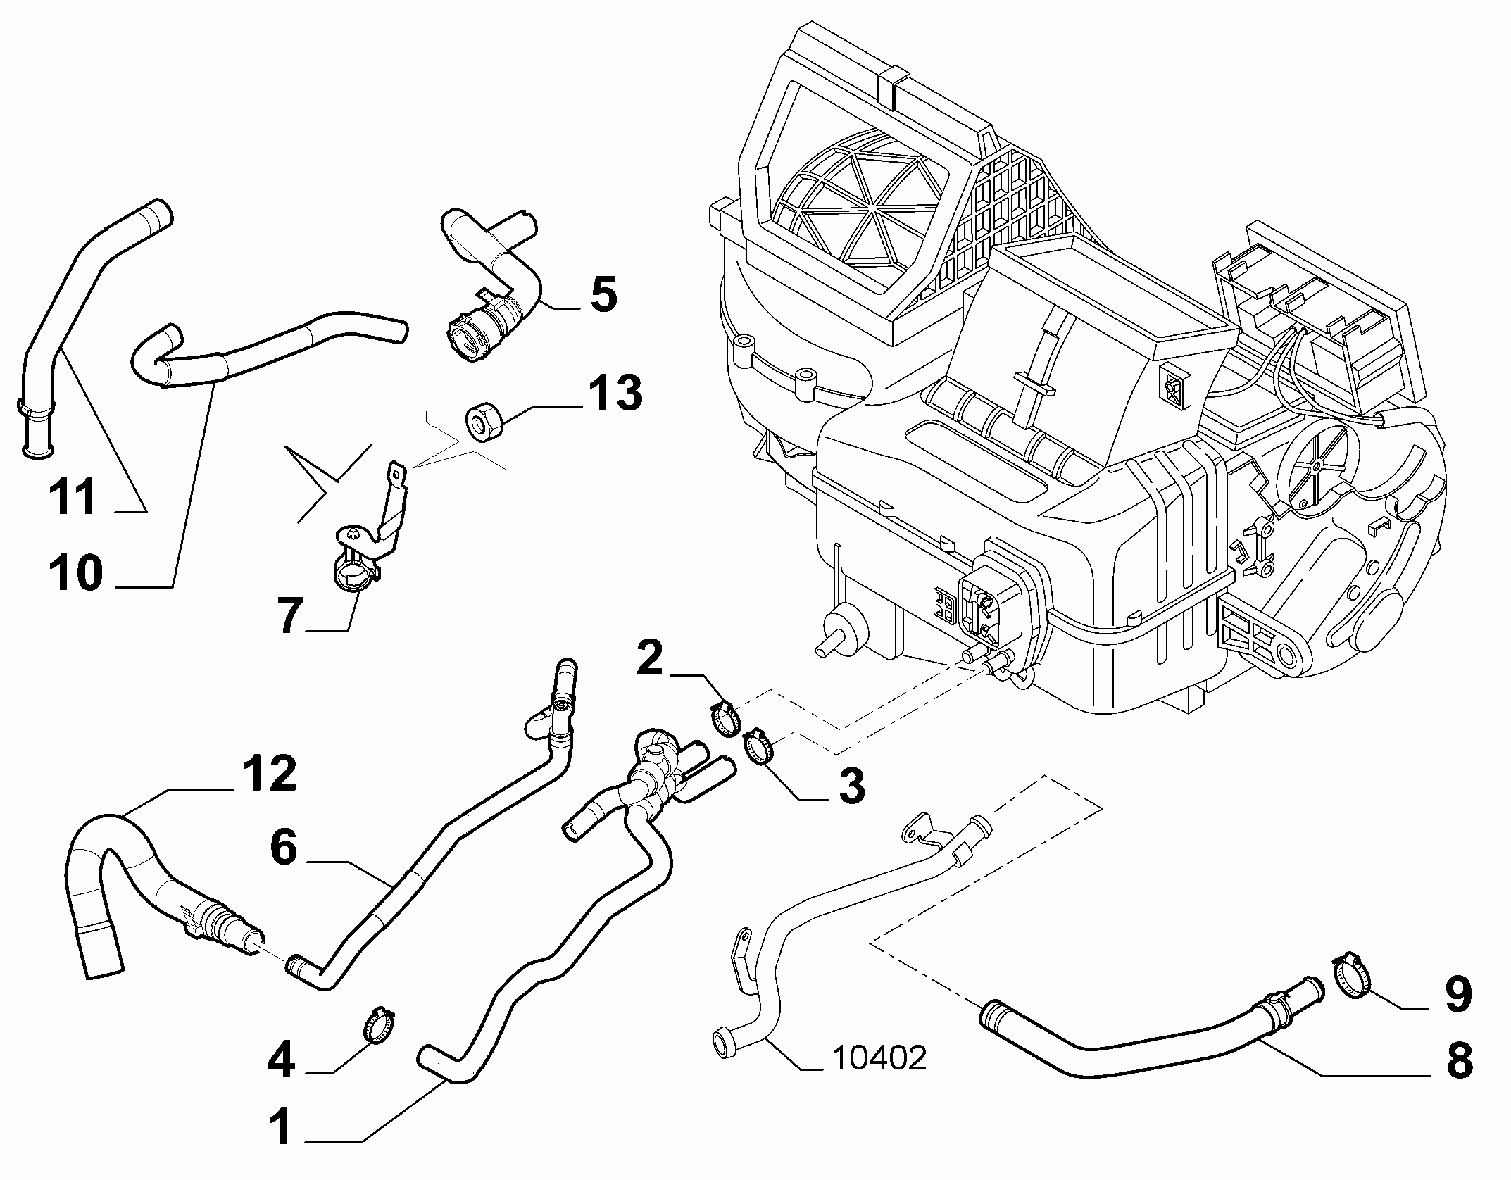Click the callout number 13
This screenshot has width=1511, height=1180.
(x=610, y=393)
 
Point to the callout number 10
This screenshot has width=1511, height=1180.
(x=76, y=572)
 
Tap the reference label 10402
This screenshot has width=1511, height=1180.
(x=879, y=1077)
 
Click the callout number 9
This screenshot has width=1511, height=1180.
(x=1457, y=994)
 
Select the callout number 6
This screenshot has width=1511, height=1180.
(x=284, y=848)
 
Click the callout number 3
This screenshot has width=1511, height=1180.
(x=851, y=786)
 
